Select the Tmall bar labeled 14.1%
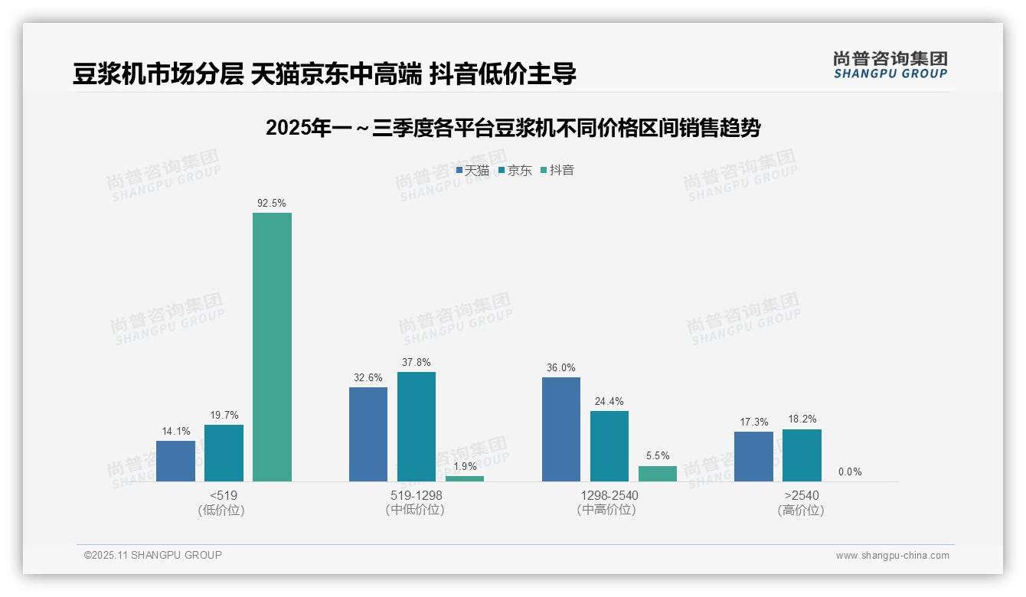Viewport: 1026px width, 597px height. (x=175, y=461)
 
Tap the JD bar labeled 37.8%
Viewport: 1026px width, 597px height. (x=416, y=426)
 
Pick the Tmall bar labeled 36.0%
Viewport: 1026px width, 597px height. (x=560, y=429)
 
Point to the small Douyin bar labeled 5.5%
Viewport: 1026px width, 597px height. (x=657, y=474)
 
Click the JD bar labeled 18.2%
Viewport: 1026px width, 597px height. (x=802, y=455)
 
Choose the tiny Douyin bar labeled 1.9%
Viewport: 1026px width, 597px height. (x=465, y=478)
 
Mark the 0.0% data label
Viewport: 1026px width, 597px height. (x=850, y=472)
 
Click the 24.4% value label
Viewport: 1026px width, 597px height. (x=609, y=401)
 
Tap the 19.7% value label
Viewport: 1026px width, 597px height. (x=224, y=415)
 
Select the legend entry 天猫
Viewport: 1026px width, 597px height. (x=472, y=170)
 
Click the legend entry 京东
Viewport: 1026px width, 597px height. (x=515, y=170)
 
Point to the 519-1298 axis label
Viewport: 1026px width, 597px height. (x=416, y=496)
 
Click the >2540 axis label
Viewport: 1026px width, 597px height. (x=801, y=496)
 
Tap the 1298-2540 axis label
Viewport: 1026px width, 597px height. (x=609, y=496)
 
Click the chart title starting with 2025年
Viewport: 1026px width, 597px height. (x=513, y=129)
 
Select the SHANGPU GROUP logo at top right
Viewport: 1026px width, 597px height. (x=890, y=65)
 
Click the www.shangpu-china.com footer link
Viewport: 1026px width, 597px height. (x=892, y=556)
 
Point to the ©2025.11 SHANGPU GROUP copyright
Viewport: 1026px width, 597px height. (x=153, y=555)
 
